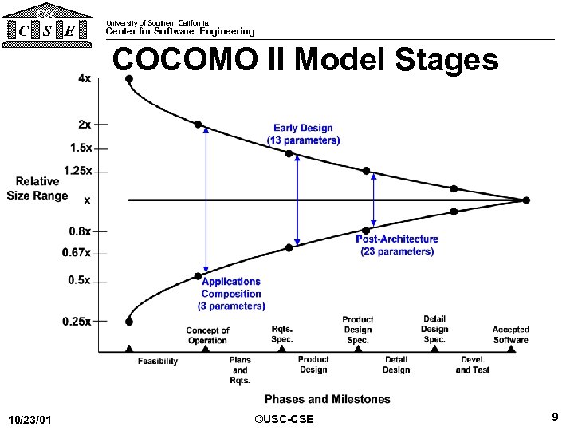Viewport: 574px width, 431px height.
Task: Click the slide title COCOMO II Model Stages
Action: [305, 60]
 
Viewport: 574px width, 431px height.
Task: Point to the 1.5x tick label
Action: [81, 148]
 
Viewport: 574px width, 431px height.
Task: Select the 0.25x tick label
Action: [77, 321]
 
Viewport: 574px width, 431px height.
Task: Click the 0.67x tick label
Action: [77, 253]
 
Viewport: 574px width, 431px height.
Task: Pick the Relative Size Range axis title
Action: [37, 188]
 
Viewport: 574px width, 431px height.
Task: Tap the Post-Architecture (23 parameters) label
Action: [396, 245]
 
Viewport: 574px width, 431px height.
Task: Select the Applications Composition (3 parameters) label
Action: [231, 293]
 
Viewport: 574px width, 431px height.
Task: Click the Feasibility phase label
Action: [158, 362]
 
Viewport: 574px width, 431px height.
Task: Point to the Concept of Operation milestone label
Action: [207, 335]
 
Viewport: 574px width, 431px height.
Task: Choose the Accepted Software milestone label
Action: [510, 334]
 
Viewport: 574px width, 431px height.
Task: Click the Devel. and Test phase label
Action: [473, 365]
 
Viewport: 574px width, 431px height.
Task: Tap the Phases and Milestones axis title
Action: [327, 399]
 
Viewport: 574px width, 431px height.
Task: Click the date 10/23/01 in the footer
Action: [29, 420]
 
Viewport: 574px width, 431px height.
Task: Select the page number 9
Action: [554, 417]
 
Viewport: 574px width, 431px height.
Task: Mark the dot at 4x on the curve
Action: [129, 78]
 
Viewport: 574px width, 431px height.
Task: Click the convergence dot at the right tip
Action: [525, 200]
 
